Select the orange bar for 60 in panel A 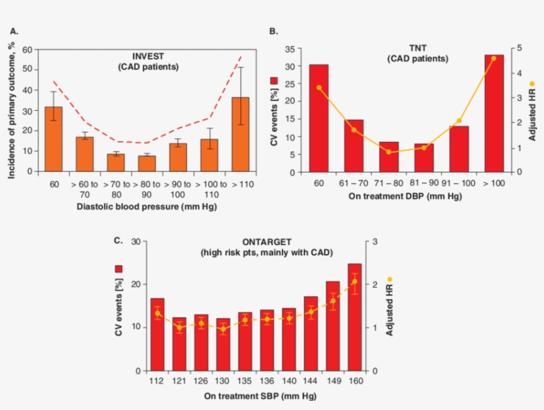point(54,139)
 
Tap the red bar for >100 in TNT point(494,113)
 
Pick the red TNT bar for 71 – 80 point(389,157)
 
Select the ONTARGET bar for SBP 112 point(157,334)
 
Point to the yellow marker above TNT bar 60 point(319,88)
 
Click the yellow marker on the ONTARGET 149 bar point(333,301)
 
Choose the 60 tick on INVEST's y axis point(27,49)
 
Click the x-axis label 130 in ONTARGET point(222,381)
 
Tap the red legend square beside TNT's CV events point(275,80)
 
